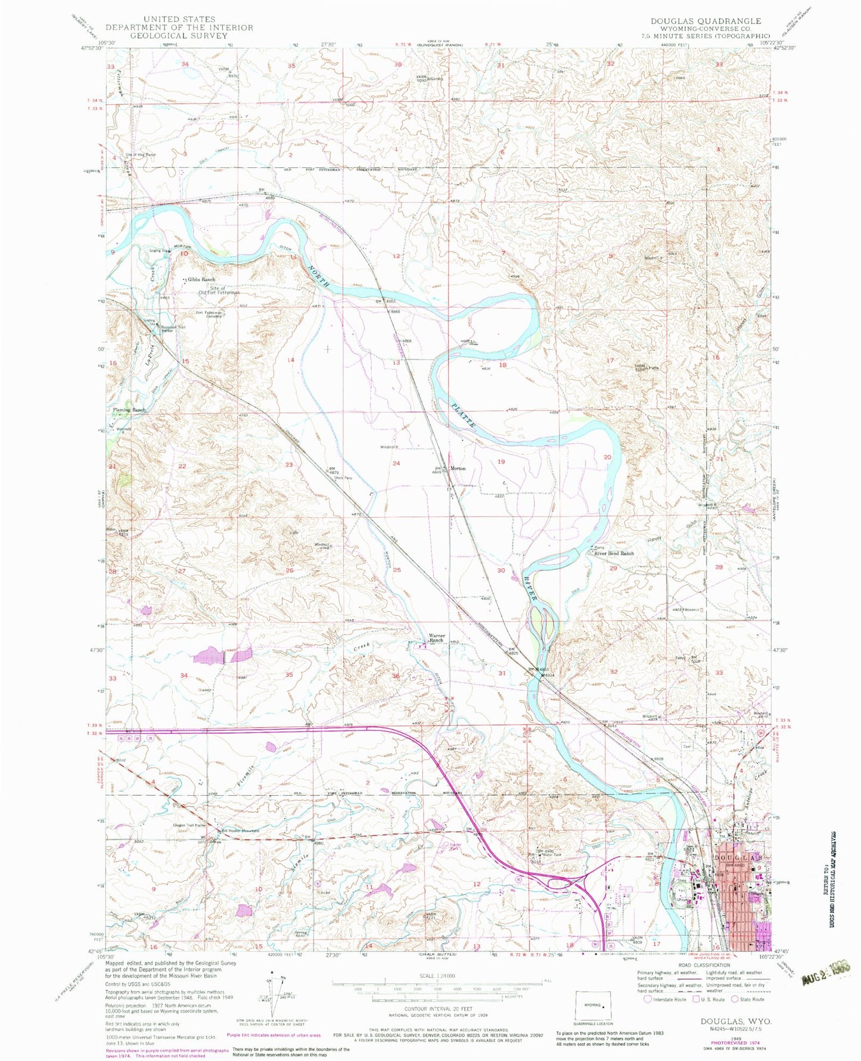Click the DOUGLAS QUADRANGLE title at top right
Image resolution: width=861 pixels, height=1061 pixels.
(x=705, y=21)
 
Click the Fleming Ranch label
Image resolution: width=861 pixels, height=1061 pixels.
(x=129, y=410)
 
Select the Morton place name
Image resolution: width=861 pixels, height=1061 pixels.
(x=458, y=468)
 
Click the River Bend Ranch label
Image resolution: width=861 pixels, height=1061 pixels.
(x=614, y=553)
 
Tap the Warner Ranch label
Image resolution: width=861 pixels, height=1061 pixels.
(x=437, y=638)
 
